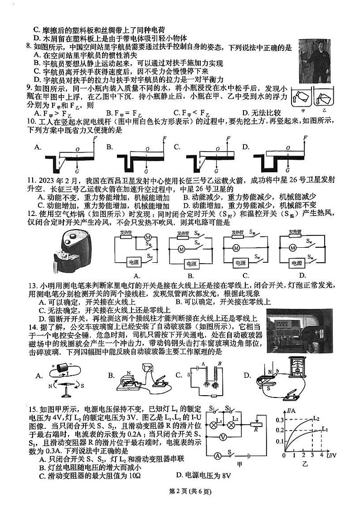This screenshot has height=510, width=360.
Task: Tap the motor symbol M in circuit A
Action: tap(147, 237)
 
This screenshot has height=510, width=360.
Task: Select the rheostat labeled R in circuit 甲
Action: tap(256, 425)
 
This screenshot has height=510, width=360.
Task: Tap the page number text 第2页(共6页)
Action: tap(180, 490)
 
